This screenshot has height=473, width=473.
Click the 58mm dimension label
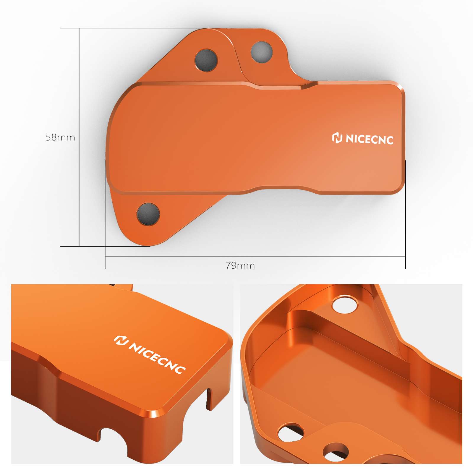(x=60, y=137)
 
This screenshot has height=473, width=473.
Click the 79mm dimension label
(x=240, y=265)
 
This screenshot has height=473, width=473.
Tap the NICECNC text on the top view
(x=369, y=139)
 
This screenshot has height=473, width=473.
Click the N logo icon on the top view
(x=337, y=138)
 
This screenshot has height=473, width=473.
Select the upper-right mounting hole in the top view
(x=261, y=52)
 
